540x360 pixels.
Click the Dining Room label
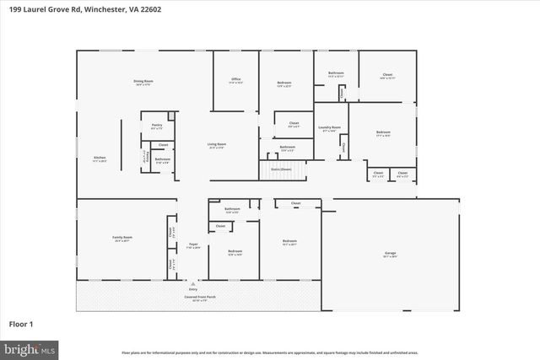coord(143,82)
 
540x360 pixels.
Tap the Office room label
coord(236,81)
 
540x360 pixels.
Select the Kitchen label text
coord(99,159)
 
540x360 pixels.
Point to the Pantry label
coord(157,126)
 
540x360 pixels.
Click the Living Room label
coord(217,145)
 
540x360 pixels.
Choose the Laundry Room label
coord(329,129)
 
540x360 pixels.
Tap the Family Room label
coord(123,239)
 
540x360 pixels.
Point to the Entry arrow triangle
coord(193,284)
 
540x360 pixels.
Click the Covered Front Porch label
coord(193,297)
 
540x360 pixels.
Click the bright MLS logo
coord(30,347)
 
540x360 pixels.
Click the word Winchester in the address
coord(111,9)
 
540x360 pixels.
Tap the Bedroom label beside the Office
coord(284,83)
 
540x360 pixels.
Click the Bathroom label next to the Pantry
coord(162,159)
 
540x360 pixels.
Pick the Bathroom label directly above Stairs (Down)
coord(287,148)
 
